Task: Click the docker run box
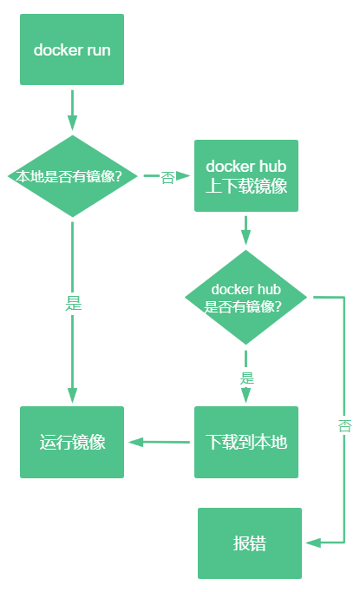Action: pyautogui.click(x=72, y=49)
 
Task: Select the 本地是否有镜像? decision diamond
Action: pyautogui.click(x=72, y=176)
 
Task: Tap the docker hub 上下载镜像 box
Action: pyautogui.click(x=246, y=176)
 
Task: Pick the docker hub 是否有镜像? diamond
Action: pyautogui.click(x=246, y=298)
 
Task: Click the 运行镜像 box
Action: pyautogui.click(x=72, y=442)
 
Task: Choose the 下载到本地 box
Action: pyautogui.click(x=246, y=442)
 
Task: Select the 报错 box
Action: pyautogui.click(x=250, y=543)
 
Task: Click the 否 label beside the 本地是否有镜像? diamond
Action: pyautogui.click(x=168, y=177)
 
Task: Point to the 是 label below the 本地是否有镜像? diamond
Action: pyautogui.click(x=73, y=304)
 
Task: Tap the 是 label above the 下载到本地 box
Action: pyautogui.click(x=246, y=378)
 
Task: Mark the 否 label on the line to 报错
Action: pyautogui.click(x=344, y=425)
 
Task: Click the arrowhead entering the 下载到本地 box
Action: pyautogui.click(x=246, y=396)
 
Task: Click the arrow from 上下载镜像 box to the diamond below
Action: pyautogui.click(x=246, y=231)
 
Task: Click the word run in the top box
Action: pyautogui.click(x=98, y=49)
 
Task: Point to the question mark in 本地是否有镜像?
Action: pyautogui.click(x=130, y=176)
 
